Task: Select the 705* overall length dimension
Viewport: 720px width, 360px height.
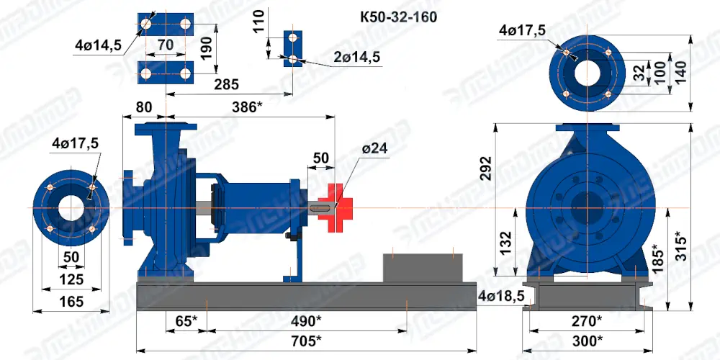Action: (x=306, y=341)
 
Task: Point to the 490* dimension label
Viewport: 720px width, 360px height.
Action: (x=306, y=320)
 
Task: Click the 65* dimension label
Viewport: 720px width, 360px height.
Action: (x=186, y=320)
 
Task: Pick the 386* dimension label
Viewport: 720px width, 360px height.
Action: (x=247, y=107)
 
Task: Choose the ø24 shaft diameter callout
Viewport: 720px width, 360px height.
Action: (x=374, y=148)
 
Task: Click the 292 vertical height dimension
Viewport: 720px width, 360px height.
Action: (x=486, y=169)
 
